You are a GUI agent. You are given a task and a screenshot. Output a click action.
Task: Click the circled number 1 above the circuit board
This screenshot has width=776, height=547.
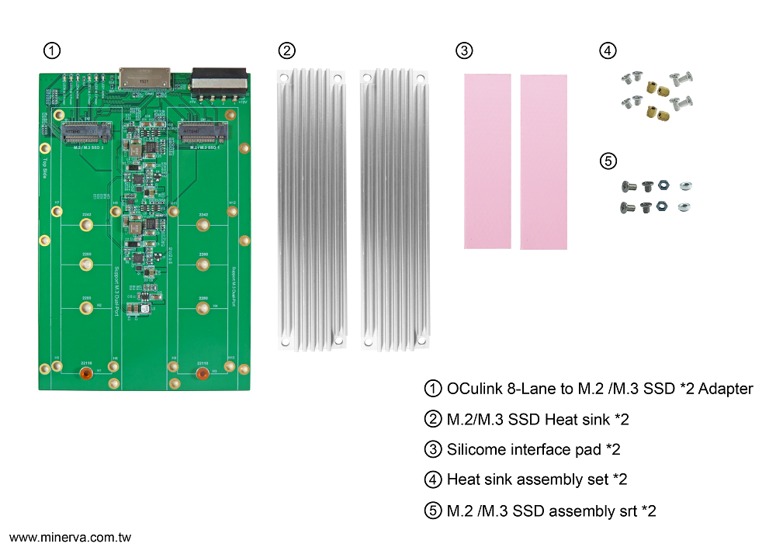pyautogui.click(x=51, y=51)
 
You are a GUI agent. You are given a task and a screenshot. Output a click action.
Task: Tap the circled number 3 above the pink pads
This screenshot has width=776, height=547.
pyautogui.click(x=463, y=51)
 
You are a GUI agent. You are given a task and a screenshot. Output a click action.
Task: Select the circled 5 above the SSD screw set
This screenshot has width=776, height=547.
pyautogui.click(x=608, y=161)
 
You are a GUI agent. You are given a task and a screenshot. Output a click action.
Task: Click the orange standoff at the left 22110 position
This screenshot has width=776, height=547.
pyautogui.click(x=86, y=375)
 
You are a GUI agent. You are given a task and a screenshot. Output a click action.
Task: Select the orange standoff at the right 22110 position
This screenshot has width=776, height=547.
pyautogui.click(x=203, y=375)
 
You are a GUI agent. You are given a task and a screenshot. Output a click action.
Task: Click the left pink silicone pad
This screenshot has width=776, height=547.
pyautogui.click(x=488, y=161)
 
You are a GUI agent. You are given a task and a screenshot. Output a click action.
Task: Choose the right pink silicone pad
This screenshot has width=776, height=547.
pyautogui.click(x=543, y=162)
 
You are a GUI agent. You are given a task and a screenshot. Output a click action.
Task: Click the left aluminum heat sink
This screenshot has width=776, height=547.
pyautogui.click(x=309, y=209)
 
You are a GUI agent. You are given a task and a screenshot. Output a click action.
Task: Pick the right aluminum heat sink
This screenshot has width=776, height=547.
pyautogui.click(x=394, y=209)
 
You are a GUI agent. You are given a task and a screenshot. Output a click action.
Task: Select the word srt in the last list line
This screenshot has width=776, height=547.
pyautogui.click(x=623, y=511)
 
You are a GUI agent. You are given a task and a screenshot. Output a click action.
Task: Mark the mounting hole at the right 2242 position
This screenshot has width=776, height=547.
pyautogui.click(x=203, y=226)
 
